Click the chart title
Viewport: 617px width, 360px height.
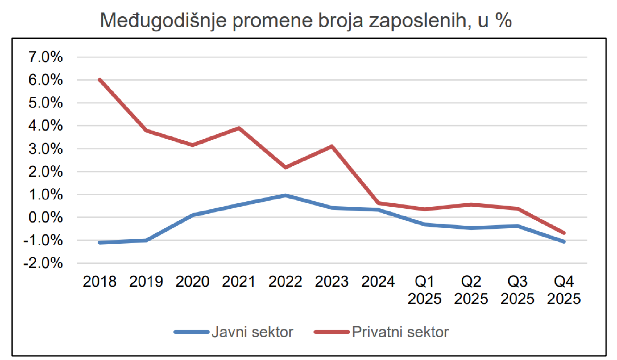(x=306, y=20)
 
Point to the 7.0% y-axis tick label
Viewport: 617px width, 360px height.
(x=46, y=57)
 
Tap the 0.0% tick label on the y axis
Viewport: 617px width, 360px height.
(x=46, y=218)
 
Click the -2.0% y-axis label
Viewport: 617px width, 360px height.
(x=43, y=263)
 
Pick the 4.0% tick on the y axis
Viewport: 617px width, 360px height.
(x=46, y=126)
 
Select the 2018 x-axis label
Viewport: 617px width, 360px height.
(x=100, y=282)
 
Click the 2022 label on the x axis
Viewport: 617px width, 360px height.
(x=285, y=282)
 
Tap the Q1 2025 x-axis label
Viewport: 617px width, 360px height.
(x=424, y=290)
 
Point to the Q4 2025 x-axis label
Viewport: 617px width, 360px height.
(x=564, y=290)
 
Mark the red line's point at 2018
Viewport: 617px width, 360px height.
(x=100, y=80)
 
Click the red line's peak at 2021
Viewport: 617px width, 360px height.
(x=239, y=128)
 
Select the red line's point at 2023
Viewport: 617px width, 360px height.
(x=332, y=146)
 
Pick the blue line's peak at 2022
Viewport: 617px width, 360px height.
(x=285, y=195)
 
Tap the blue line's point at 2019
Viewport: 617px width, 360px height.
(x=146, y=240)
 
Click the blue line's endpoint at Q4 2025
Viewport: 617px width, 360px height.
(x=564, y=242)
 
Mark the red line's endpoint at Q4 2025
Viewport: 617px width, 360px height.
(x=564, y=233)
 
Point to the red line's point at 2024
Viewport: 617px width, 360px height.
(x=378, y=203)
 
